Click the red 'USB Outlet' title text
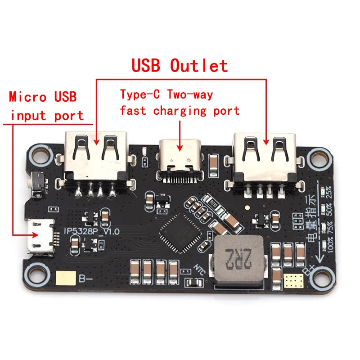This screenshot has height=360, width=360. tap(180, 66)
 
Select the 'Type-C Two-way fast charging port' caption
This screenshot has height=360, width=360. tap(179, 102)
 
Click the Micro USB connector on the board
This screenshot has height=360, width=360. tap(40, 234)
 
